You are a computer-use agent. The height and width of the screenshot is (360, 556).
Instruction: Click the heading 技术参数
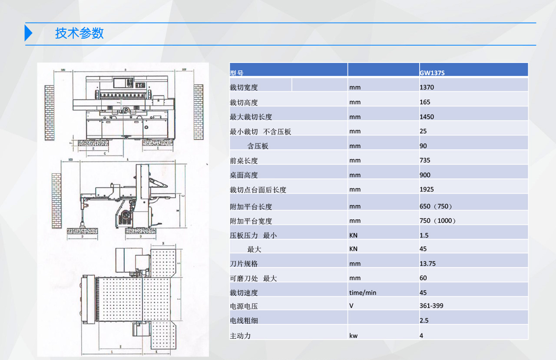point(79,33)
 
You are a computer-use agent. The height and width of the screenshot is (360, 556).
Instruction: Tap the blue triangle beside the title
point(28,33)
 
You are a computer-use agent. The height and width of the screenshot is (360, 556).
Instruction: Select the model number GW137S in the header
point(432,73)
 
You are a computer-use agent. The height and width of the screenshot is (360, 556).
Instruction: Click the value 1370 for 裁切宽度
point(427,87)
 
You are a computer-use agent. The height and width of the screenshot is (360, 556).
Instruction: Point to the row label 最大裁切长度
point(251,117)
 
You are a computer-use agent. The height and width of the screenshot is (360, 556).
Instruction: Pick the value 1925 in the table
point(427,189)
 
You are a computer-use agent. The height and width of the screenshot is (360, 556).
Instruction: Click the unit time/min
point(363,293)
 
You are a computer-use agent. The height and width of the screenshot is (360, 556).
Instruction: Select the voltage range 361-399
point(431,306)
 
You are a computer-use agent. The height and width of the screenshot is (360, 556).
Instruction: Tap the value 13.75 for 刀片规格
point(427,264)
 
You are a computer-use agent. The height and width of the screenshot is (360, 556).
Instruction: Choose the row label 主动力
point(240,336)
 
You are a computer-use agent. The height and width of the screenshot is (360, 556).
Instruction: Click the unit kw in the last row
point(353,336)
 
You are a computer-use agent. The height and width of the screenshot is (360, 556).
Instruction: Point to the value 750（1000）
point(438,221)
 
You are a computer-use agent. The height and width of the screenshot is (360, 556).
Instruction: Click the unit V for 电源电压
point(351,306)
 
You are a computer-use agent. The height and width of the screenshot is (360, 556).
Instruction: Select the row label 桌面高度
point(244,175)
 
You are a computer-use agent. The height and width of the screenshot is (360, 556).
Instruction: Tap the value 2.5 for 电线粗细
point(424,320)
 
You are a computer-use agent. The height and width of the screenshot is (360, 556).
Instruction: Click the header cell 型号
point(237,73)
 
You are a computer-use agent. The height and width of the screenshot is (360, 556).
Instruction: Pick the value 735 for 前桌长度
point(425,160)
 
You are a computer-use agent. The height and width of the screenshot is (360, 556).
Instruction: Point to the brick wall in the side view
point(56,201)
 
